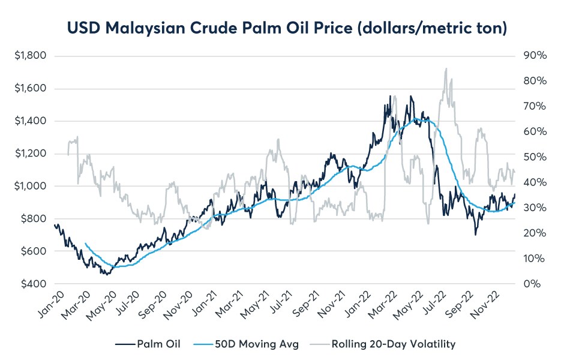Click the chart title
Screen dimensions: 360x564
pyautogui.click(x=281, y=28)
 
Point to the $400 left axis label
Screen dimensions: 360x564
pyautogui.click(x=35, y=284)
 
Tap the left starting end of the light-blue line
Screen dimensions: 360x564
pyautogui.click(x=86, y=244)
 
